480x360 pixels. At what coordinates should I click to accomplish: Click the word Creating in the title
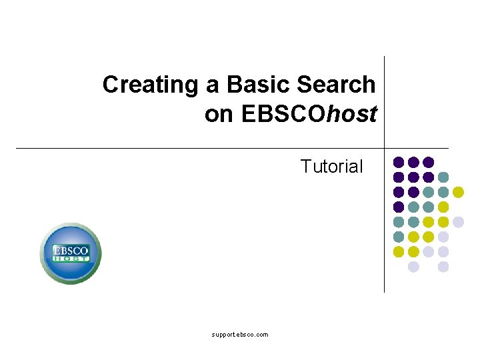click(x=150, y=85)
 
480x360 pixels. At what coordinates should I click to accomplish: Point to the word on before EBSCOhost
click(x=219, y=115)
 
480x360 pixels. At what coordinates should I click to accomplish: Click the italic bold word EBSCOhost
click(x=309, y=115)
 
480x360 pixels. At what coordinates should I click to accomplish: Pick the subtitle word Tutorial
click(x=331, y=166)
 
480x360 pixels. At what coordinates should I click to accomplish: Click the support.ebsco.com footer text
click(x=240, y=335)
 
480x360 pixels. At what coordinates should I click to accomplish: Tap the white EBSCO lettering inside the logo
click(x=71, y=249)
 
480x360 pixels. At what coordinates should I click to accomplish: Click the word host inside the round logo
click(x=71, y=258)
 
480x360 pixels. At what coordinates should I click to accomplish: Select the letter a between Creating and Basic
click(x=213, y=85)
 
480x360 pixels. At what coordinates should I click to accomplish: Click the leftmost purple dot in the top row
click(x=399, y=162)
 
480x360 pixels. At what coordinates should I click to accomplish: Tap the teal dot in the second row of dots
click(x=443, y=177)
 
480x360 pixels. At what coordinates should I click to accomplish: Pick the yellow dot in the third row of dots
click(x=458, y=192)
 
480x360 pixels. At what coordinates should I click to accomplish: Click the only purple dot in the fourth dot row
click(x=399, y=207)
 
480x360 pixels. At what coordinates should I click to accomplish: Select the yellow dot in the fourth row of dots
click(x=443, y=207)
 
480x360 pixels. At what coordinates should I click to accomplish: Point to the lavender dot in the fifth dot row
click(x=458, y=222)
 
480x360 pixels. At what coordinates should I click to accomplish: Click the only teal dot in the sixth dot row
click(x=399, y=237)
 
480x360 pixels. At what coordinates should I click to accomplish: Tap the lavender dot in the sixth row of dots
click(x=443, y=237)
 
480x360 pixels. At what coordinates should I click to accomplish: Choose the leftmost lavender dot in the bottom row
click(x=413, y=267)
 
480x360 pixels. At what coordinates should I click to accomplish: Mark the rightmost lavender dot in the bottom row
click(x=443, y=267)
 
